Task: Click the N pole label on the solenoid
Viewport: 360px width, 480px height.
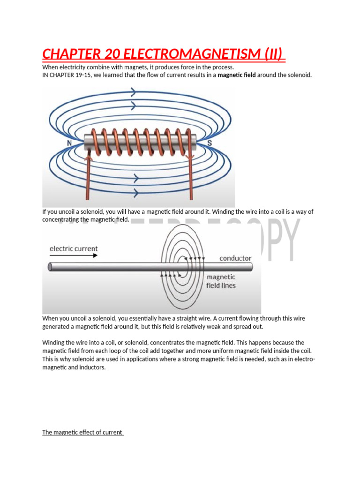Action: click(x=69, y=142)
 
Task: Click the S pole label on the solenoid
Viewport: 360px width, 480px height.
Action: click(x=210, y=142)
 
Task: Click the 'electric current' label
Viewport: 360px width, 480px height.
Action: click(x=74, y=248)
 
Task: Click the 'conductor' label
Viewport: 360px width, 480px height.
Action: click(x=235, y=258)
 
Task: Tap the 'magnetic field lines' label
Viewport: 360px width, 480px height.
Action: click(x=221, y=281)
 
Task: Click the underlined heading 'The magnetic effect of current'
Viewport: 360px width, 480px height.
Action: click(x=82, y=432)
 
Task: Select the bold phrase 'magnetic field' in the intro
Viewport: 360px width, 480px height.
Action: click(x=237, y=75)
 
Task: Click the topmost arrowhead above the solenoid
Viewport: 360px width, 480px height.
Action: click(x=133, y=92)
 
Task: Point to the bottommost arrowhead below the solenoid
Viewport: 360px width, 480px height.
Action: click(x=136, y=192)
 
